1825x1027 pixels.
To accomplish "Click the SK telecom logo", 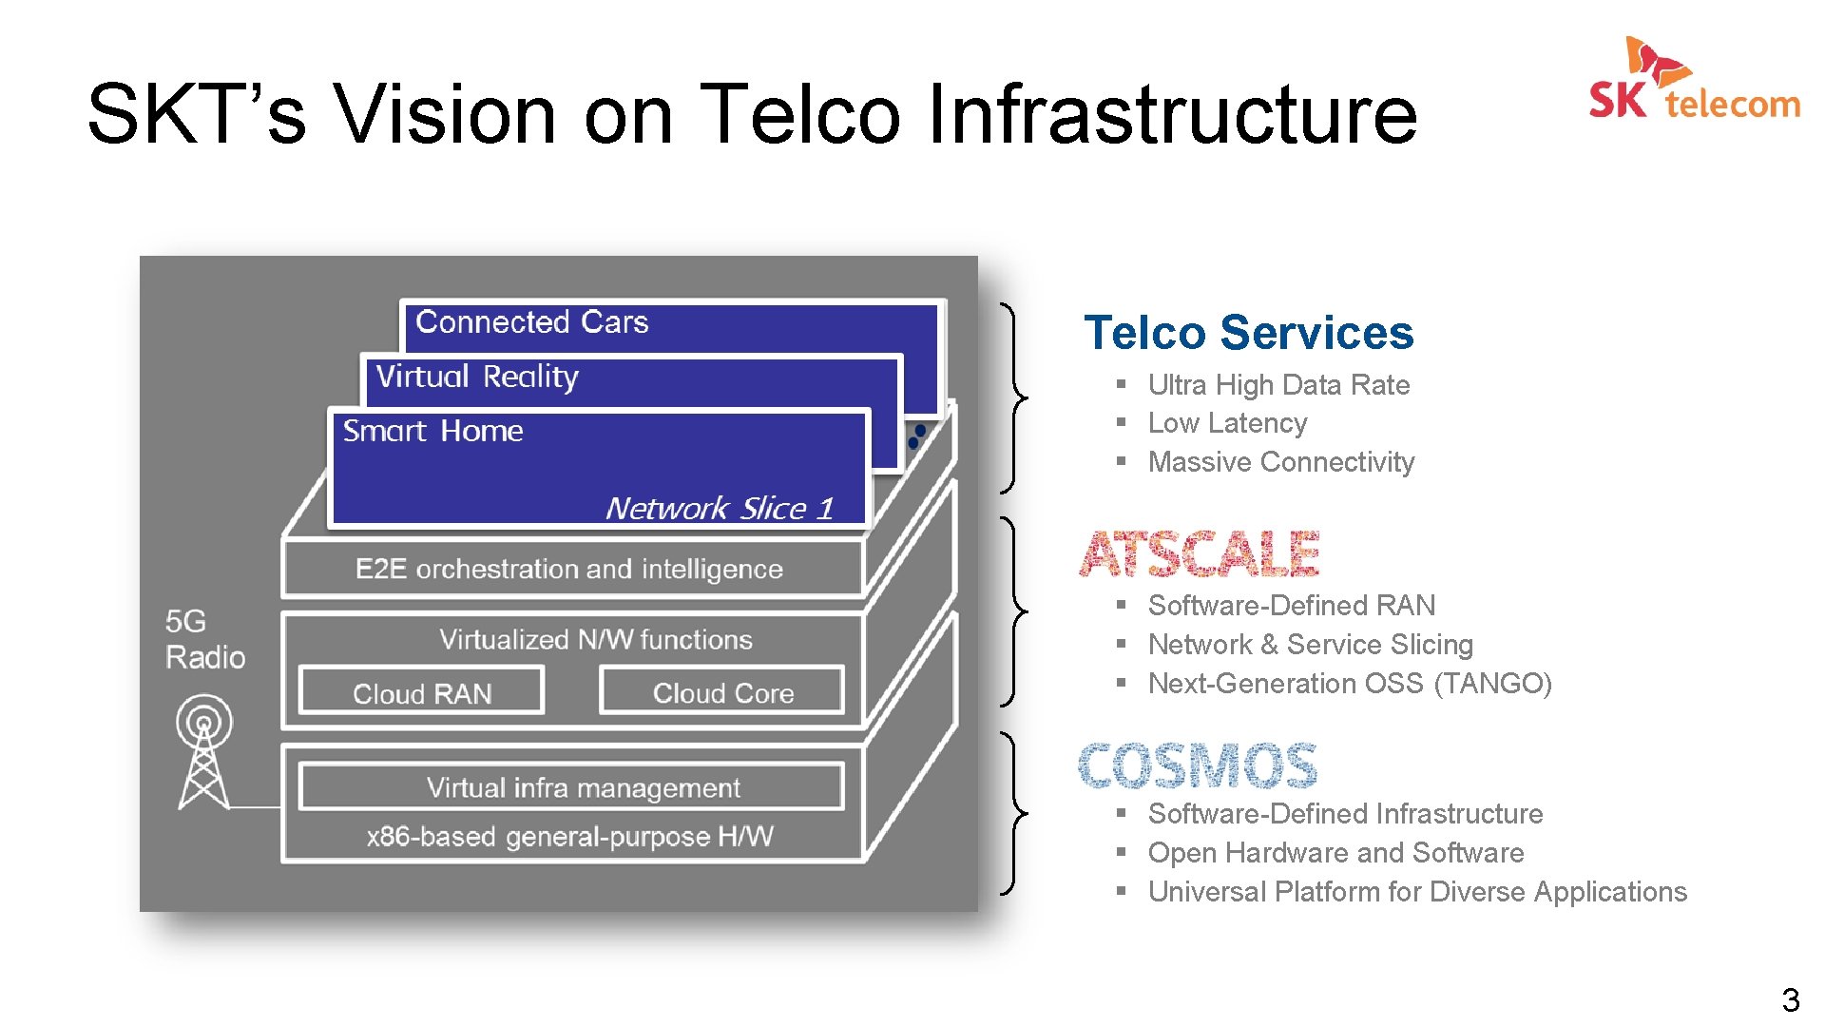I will (1694, 81).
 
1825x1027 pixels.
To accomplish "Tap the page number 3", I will (1790, 999).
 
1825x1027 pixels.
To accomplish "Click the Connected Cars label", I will (531, 322).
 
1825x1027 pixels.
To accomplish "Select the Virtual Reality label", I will (477, 377).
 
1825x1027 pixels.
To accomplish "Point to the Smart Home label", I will (432, 431).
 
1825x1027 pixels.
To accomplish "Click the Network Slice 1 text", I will (719, 508).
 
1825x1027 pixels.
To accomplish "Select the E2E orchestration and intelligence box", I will (569, 569).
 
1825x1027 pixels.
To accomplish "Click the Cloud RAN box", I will (422, 693).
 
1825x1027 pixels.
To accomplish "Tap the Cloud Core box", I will (722, 693).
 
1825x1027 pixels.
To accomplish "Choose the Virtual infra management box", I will (582, 787).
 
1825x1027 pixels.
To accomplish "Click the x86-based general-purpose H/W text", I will (570, 837).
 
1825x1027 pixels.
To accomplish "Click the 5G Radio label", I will (204, 639).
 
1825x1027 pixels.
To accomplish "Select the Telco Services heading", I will (1248, 333).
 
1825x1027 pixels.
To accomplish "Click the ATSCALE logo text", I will (1200, 554).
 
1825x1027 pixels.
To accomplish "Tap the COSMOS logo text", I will (1198, 766).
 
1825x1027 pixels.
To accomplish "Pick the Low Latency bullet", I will (1227, 423).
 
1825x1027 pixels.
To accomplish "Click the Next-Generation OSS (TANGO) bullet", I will (1349, 684).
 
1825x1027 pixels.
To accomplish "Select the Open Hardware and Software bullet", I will (1335, 853).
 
